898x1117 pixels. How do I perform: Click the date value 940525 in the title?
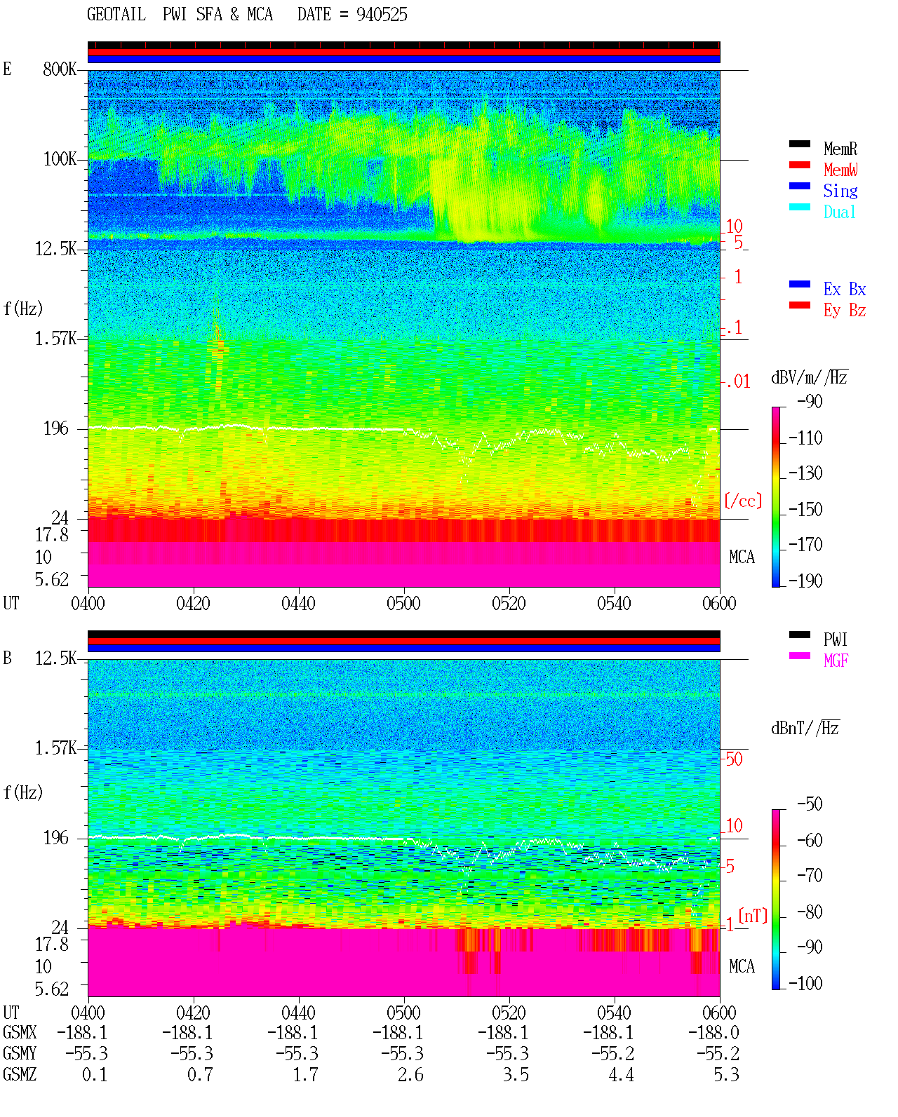(382, 15)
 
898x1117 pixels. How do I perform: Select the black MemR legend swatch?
(799, 144)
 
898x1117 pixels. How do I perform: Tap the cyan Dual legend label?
(840, 212)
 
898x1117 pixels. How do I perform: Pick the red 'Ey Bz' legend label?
(845, 310)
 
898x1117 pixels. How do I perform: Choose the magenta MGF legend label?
(836, 661)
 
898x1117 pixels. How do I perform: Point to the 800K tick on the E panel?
(60, 69)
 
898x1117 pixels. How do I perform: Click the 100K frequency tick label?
(60, 159)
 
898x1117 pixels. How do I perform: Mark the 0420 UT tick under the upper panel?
(193, 604)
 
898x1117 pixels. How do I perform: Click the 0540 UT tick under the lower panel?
(615, 1013)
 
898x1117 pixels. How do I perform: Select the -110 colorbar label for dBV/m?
(805, 438)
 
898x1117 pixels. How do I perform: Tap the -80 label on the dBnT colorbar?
(810, 912)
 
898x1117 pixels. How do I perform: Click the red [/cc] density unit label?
(743, 501)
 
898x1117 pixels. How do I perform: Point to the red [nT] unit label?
(753, 916)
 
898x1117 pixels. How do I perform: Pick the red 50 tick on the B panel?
(734, 759)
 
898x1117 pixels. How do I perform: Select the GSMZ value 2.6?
(411, 1075)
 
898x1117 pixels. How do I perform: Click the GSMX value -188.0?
(713, 1033)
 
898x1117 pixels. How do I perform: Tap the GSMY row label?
(20, 1054)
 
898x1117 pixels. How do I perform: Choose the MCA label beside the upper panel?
(742, 557)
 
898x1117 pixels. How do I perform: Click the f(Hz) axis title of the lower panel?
(23, 792)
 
